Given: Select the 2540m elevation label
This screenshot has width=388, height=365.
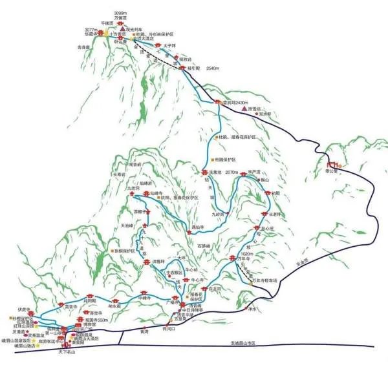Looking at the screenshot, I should tap(214, 68).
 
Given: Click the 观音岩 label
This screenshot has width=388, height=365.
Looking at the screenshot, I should tap(135, 165).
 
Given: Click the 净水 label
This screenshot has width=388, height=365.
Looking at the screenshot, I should tap(253, 309).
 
